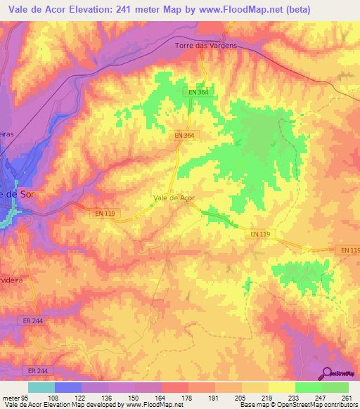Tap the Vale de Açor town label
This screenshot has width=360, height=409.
click(174, 198)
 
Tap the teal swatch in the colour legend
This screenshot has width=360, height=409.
click(41, 387)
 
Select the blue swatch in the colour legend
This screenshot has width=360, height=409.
click(68, 387)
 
